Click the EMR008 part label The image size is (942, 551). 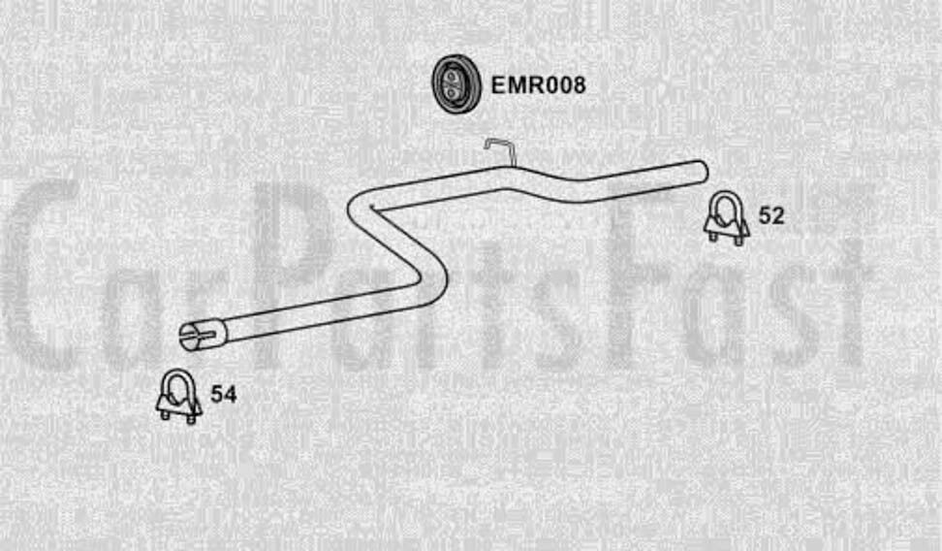pos(538,85)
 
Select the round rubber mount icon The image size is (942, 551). pos(452,85)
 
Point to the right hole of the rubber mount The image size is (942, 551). pos(457,86)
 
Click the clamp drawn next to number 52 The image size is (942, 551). pos(726,218)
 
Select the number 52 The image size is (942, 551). pos(771,216)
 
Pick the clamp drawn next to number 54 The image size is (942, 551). pos(179,396)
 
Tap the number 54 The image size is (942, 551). pos(223,395)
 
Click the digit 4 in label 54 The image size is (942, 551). pos(229,395)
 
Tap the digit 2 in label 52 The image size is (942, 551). pos(777,216)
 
